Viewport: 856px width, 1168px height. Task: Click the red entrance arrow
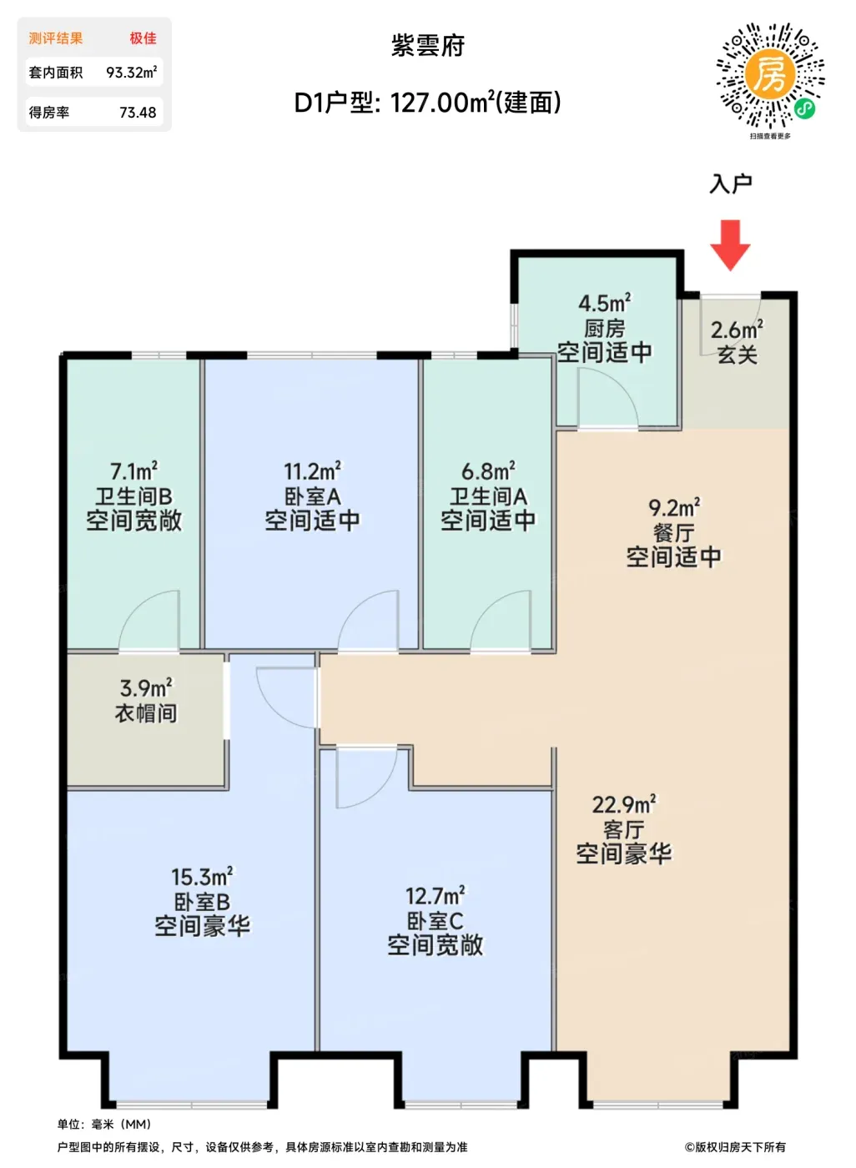[730, 245]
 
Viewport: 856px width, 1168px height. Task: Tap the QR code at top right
[770, 76]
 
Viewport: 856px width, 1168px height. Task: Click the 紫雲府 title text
[427, 46]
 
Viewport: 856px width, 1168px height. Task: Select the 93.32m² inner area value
[131, 72]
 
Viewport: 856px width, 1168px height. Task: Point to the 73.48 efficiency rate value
[138, 112]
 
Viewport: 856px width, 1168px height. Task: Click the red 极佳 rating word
[143, 38]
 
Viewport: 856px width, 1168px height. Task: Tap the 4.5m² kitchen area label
[604, 302]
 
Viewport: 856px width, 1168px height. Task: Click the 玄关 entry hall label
[738, 355]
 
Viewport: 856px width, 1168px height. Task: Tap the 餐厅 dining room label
[673, 532]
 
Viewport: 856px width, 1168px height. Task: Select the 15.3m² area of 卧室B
[202, 877]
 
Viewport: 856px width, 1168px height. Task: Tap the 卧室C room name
[435, 921]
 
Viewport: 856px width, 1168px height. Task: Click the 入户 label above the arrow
[730, 184]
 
